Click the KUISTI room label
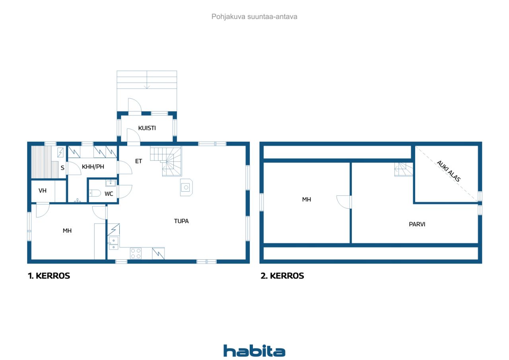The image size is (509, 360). (147, 128)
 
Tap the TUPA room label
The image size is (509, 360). (181, 221)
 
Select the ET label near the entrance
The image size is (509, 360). (138, 161)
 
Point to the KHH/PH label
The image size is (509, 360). (93, 167)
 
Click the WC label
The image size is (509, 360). (109, 194)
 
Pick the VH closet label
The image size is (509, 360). (43, 191)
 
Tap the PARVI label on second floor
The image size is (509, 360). (417, 224)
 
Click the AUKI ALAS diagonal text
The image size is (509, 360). (448, 171)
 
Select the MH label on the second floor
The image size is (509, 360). (306, 199)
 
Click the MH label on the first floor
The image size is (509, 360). (67, 230)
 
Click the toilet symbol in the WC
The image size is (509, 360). (95, 193)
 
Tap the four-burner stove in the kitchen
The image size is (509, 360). (136, 253)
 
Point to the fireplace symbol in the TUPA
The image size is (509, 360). (187, 187)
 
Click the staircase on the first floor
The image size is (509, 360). (167, 161)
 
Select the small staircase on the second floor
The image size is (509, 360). (403, 169)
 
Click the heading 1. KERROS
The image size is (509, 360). (49, 276)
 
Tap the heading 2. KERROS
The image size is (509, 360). (282, 276)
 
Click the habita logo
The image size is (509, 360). (254, 351)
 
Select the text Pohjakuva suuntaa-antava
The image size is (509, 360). (254, 17)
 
